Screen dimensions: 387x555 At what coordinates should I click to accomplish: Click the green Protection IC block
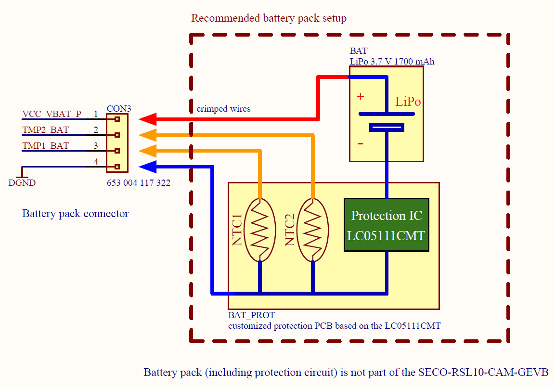click(x=386, y=225)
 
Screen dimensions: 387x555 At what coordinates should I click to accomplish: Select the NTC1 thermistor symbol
click(x=259, y=230)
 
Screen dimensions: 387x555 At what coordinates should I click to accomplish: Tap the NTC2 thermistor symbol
click(x=312, y=230)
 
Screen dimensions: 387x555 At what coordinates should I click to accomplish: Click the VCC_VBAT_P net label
click(x=52, y=115)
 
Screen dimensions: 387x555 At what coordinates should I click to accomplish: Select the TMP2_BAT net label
click(x=45, y=130)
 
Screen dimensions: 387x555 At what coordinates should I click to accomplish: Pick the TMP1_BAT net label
click(x=45, y=146)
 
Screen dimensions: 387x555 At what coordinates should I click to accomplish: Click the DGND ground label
click(x=22, y=183)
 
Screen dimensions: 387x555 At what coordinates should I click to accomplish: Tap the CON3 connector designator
click(x=119, y=109)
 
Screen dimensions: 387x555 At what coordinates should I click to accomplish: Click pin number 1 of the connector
click(x=96, y=115)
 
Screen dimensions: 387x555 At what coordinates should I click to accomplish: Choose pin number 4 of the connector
click(x=96, y=162)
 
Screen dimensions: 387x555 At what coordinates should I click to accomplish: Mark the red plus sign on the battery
click(x=360, y=96)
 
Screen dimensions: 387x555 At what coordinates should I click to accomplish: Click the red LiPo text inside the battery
click(x=408, y=102)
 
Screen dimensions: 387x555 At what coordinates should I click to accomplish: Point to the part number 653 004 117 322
click(x=139, y=183)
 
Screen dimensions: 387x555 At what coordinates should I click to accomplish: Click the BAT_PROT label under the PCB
click(x=251, y=315)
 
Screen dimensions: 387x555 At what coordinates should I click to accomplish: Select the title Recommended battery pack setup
click(x=269, y=18)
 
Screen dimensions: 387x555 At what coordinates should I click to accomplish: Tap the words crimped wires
click(x=223, y=109)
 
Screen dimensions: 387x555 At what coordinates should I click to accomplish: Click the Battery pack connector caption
click(x=76, y=213)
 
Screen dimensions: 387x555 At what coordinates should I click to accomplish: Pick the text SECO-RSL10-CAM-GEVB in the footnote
click(x=483, y=372)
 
